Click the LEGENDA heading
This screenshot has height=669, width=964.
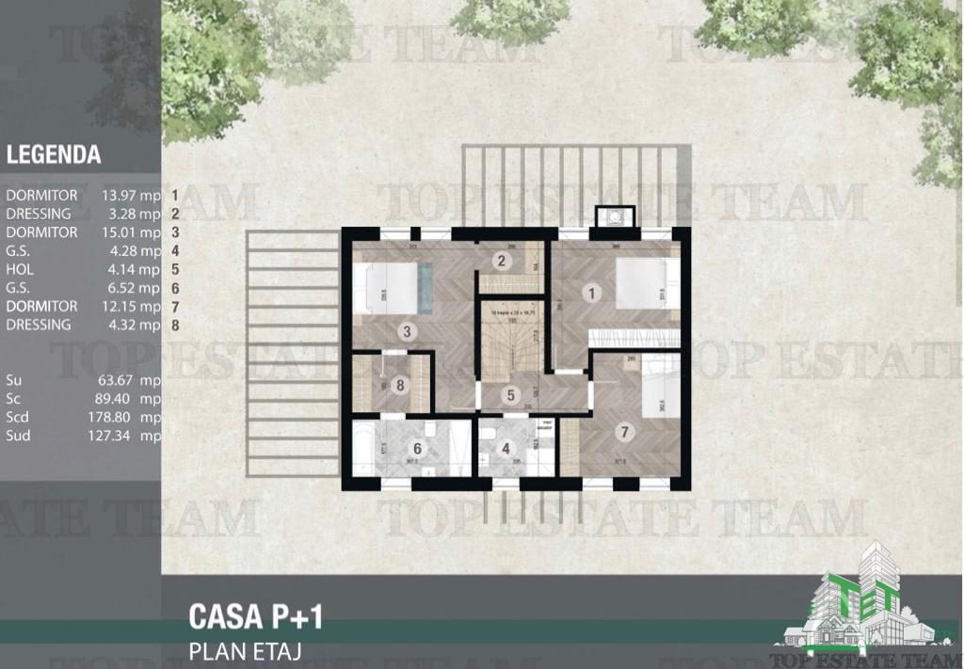click(x=54, y=154)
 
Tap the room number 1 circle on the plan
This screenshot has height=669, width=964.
click(x=592, y=293)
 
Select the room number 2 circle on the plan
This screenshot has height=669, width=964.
click(x=502, y=262)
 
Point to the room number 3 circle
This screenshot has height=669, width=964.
click(x=407, y=331)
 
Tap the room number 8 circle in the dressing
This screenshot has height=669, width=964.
click(x=401, y=384)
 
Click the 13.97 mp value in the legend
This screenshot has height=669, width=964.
click(x=132, y=196)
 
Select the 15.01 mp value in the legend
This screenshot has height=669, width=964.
click(x=132, y=232)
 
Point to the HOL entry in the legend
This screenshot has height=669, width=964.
click(x=20, y=269)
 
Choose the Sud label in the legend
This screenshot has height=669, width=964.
click(x=19, y=436)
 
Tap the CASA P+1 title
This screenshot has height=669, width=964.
click(x=256, y=617)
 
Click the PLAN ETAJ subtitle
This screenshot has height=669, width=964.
click(x=245, y=650)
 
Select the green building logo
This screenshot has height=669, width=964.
click(x=861, y=603)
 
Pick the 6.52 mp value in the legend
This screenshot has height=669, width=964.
click(x=132, y=288)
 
